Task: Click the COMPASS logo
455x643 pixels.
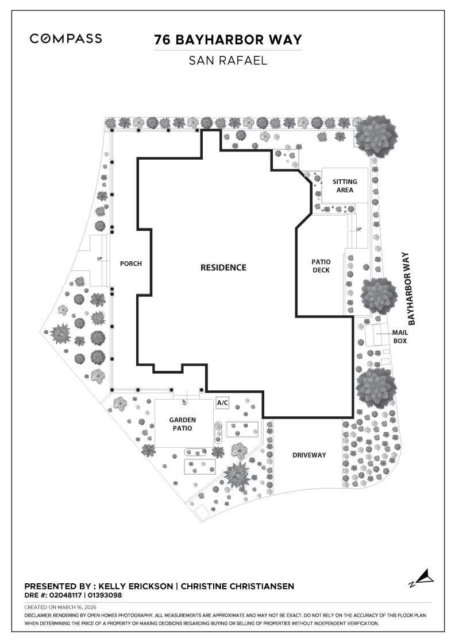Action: tap(66, 38)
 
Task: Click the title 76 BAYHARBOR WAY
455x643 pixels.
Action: tap(227, 40)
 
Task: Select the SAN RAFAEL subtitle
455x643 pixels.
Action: tap(227, 60)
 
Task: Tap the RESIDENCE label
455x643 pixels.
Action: tap(223, 268)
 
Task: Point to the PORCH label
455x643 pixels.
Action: tap(130, 264)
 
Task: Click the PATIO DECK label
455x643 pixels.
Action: tap(321, 266)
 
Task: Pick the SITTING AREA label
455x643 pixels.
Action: tap(345, 185)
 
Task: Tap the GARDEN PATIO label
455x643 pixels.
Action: tap(183, 424)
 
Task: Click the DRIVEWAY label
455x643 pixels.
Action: tap(309, 455)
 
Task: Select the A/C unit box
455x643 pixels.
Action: tap(222, 402)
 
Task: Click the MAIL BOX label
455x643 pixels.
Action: tap(399, 336)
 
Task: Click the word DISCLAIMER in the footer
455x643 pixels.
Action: tap(38, 615)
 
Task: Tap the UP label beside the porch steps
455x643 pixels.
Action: tap(99, 259)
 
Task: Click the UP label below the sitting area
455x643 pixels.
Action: tap(359, 229)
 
